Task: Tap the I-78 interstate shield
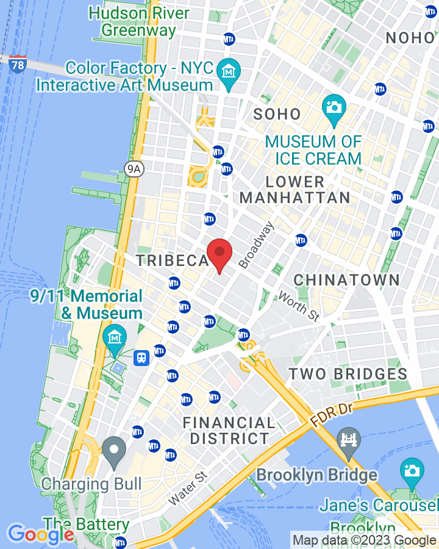point(18,64)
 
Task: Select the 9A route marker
point(134,170)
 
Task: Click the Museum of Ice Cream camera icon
point(334,108)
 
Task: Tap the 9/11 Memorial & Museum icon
point(113,336)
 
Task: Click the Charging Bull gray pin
point(113,451)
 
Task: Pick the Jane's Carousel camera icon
point(412,471)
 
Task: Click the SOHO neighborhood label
point(277,114)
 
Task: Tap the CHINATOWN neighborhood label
point(346,281)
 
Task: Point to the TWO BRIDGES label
point(348,374)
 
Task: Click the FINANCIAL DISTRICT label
point(229,431)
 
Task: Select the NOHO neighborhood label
point(410,37)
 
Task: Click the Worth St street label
point(299,307)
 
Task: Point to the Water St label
point(188,488)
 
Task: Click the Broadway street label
point(256,245)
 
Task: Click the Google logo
point(40,534)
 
